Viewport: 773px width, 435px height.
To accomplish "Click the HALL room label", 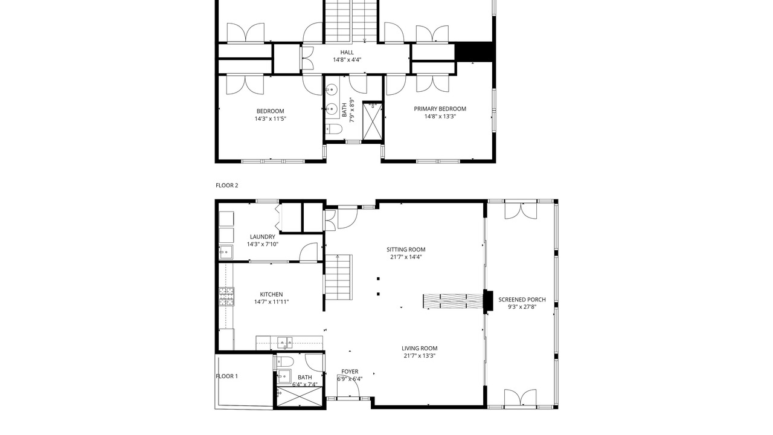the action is pos(347,53).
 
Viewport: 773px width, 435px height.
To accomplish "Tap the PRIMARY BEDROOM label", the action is pos(440,109).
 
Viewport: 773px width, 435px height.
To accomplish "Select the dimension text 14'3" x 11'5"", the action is pos(271,119).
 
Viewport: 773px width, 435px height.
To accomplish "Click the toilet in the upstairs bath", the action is pos(333,129).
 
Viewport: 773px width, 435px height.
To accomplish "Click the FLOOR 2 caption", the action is pos(226,185).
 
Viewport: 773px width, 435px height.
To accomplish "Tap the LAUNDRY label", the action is pos(263,237).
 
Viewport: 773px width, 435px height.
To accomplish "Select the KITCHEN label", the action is pos(271,294).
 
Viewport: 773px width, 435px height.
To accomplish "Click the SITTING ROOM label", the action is pos(406,250).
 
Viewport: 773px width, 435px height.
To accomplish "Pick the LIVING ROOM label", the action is pos(420,349).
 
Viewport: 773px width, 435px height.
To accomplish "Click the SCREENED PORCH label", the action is pos(522,300).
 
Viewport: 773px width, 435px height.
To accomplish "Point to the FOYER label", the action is pos(350,372).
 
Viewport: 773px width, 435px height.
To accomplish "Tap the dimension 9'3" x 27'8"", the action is pos(522,307).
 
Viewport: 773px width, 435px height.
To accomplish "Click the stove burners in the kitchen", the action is pos(226,297).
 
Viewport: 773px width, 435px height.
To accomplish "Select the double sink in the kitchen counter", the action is pos(284,343).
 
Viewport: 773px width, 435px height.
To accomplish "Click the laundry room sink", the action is pos(226,253).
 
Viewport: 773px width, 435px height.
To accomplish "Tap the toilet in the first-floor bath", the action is pos(284,362).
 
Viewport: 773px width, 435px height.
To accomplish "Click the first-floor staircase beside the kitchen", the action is pos(339,277).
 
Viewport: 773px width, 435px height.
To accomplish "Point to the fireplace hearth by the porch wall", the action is pos(453,301).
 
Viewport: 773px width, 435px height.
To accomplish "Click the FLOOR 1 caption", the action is pos(226,376).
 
